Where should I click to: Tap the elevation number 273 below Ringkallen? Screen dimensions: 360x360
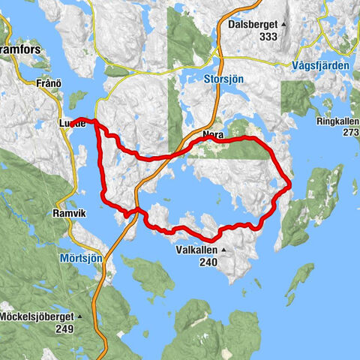[349, 133]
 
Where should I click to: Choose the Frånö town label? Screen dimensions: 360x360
[46, 84]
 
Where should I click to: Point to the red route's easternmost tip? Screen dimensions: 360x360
[290, 184]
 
